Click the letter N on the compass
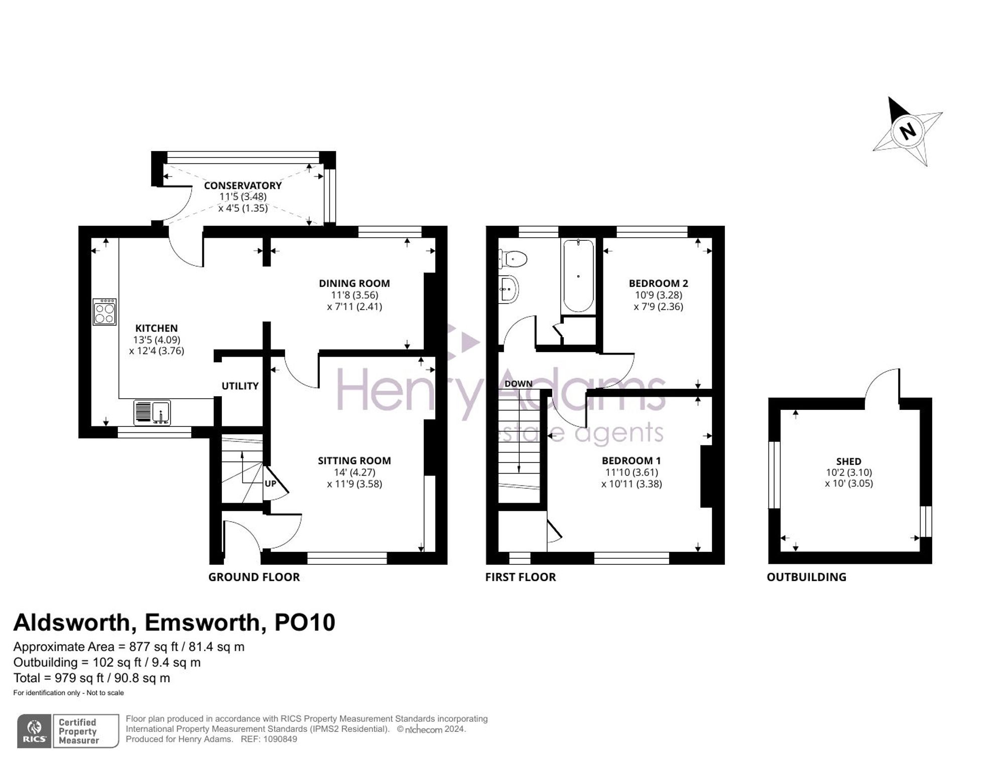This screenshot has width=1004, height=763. (908, 131)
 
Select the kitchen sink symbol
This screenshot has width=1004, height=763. (152, 412)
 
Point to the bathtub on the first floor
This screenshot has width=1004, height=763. (578, 276)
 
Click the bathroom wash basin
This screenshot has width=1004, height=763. (509, 289)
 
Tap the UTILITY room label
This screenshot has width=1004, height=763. (240, 386)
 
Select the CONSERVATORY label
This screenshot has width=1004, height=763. (242, 186)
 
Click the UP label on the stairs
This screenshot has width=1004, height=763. (270, 484)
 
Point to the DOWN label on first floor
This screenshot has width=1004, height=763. (518, 384)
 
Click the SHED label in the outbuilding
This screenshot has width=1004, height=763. (848, 461)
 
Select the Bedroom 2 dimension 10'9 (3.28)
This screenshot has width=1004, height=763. (658, 295)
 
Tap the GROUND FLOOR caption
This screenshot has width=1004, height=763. (254, 577)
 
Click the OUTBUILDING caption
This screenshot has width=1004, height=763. (806, 577)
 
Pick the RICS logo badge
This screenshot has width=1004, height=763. (34, 731)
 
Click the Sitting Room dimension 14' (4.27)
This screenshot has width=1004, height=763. (354, 472)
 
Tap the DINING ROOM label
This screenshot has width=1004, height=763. (354, 283)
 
